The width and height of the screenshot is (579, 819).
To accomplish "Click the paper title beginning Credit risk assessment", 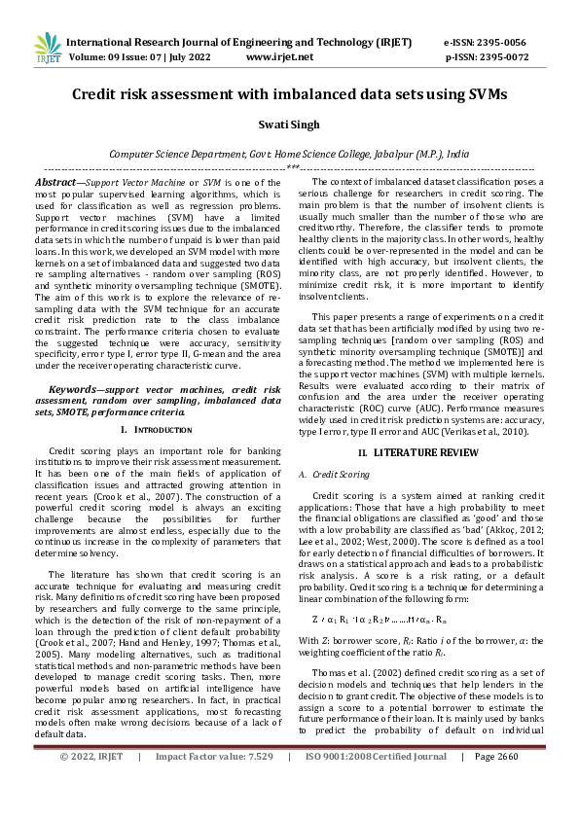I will point(289,94).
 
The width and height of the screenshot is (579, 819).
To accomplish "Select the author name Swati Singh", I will point(289,126).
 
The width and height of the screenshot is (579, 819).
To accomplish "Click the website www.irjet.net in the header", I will point(280,57).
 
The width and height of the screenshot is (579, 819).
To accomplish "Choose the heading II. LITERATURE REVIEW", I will point(419,453).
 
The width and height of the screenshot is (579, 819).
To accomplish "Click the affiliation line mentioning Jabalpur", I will point(289,154).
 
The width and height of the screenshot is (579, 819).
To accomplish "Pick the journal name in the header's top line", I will point(238,43).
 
